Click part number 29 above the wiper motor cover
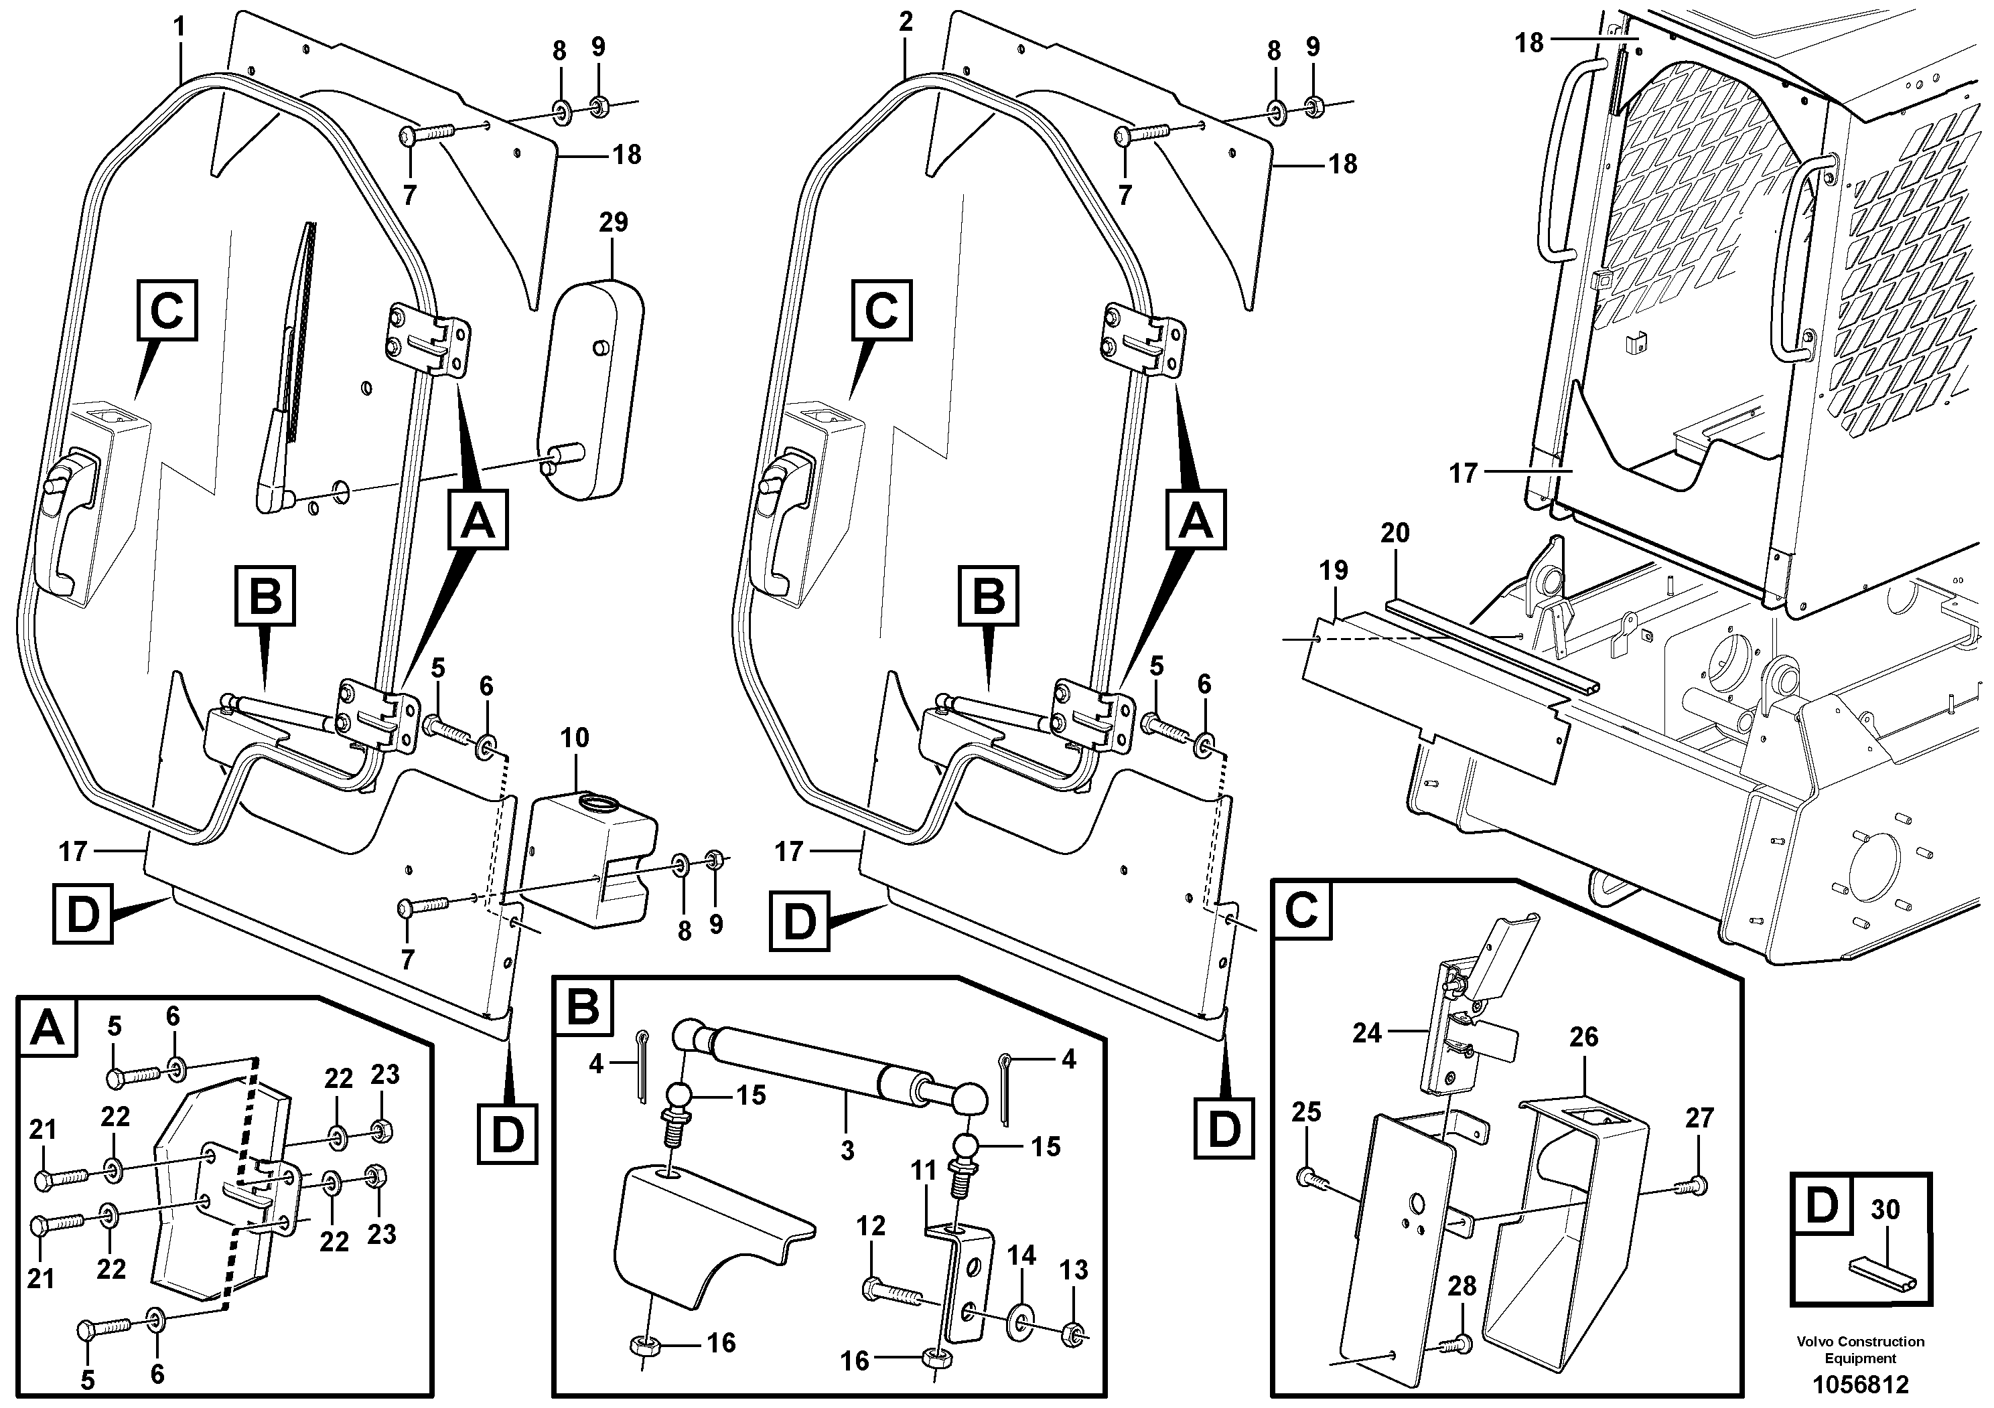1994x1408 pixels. (613, 222)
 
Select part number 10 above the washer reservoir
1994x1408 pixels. (574, 738)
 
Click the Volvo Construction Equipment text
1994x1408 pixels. (1860, 1349)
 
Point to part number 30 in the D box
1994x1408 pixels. (1885, 1209)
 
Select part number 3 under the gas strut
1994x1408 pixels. (847, 1151)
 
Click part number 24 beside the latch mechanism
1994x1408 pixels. (1366, 1033)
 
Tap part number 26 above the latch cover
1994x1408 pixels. (1583, 1036)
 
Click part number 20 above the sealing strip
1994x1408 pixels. (1395, 532)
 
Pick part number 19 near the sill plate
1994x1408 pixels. (1333, 570)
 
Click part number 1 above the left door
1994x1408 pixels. (179, 27)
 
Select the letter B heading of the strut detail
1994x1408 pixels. (583, 1007)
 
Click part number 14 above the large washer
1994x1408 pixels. (1021, 1256)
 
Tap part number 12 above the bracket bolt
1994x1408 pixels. (870, 1226)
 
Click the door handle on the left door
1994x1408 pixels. (68, 521)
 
